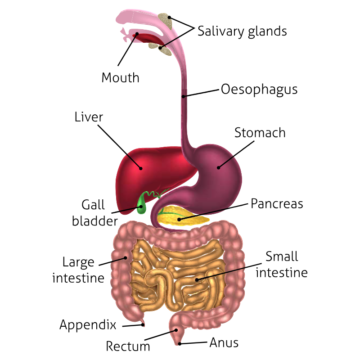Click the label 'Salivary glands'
click(x=242, y=31)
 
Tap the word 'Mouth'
click(x=120, y=77)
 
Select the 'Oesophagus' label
click(x=259, y=89)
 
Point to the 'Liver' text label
click(x=89, y=117)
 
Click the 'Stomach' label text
click(x=260, y=133)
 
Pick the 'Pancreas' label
click(x=277, y=204)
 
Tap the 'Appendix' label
click(x=88, y=324)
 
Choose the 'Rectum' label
click(x=128, y=346)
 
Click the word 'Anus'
click(x=224, y=343)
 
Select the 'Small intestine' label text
click(x=282, y=265)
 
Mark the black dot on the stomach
click(x=219, y=167)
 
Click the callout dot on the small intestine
click(x=197, y=280)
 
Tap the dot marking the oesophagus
click(x=184, y=95)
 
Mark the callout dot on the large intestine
click(x=126, y=258)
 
